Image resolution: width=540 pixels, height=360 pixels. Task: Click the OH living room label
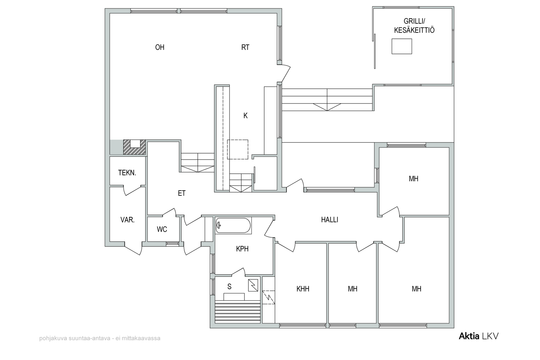click(160, 47)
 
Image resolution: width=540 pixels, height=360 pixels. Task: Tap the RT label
click(245, 47)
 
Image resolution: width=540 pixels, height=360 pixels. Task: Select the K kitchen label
click(245, 116)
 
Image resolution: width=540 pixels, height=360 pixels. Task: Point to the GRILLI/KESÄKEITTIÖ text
click(414, 26)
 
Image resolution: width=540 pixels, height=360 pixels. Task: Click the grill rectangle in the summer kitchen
click(402, 46)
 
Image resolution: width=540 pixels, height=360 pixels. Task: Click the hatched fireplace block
click(135, 147)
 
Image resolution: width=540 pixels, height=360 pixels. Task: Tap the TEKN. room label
click(127, 173)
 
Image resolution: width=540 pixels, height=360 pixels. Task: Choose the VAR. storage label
click(128, 220)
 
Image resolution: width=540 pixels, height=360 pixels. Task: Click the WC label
click(162, 229)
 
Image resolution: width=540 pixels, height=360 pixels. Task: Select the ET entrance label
click(182, 193)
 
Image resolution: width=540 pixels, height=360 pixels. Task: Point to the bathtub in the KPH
click(233, 225)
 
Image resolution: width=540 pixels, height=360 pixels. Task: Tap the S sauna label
click(229, 286)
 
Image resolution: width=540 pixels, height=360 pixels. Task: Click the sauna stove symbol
click(253, 285)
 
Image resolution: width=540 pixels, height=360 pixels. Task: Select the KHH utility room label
click(303, 289)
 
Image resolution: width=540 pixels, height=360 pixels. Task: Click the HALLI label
click(329, 220)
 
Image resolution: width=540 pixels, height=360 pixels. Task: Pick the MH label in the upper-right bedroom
click(414, 179)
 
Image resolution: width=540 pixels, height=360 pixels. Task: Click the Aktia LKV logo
click(479, 336)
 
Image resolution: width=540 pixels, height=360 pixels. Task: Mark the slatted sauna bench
click(238, 311)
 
